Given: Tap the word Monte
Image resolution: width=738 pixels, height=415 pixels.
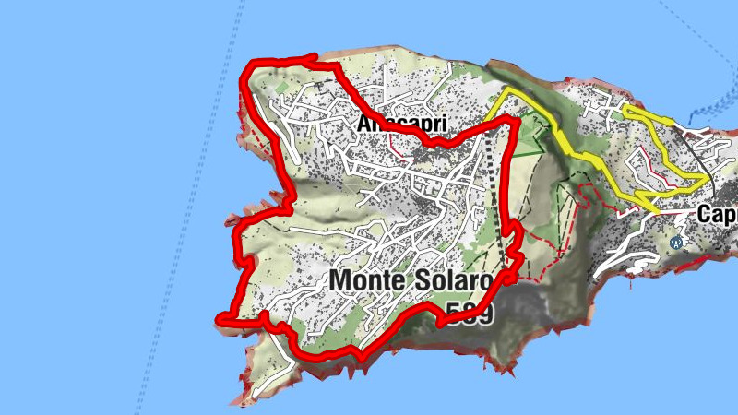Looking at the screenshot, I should [370, 279].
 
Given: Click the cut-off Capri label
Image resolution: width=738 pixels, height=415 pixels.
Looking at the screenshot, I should [717, 215].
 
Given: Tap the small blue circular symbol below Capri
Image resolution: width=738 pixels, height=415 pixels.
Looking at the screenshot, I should [676, 242].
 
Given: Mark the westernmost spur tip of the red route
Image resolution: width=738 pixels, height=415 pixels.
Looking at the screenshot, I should [220, 321].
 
